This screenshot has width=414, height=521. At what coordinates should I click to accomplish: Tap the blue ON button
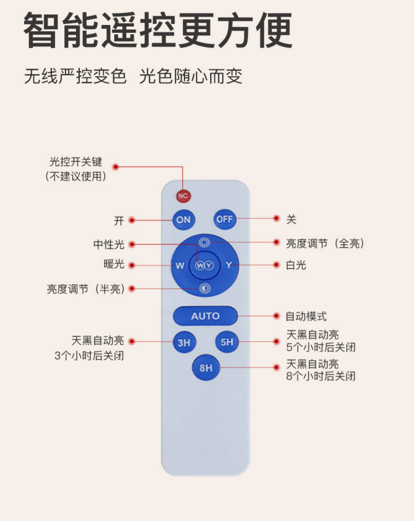184,220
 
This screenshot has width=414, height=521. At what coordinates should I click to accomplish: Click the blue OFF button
225,219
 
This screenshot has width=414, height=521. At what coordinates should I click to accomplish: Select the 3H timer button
184,343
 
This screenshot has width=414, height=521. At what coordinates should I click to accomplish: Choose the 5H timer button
227,342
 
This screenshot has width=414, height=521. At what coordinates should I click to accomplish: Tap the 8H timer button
206,368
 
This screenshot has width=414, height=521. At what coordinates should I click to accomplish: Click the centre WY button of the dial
205,266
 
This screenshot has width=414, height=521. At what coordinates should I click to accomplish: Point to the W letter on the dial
180,266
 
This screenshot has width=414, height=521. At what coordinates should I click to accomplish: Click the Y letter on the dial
229,265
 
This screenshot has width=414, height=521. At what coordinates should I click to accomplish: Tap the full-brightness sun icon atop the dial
204,242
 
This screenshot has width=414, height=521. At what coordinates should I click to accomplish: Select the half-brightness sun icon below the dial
205,289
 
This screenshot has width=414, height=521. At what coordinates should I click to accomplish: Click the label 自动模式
306,316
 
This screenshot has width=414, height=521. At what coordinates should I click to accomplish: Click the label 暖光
114,265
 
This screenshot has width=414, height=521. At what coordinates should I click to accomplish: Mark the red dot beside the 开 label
132,220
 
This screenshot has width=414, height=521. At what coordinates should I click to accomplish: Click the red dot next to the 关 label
276,218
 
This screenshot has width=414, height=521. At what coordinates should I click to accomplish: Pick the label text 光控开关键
76,162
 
